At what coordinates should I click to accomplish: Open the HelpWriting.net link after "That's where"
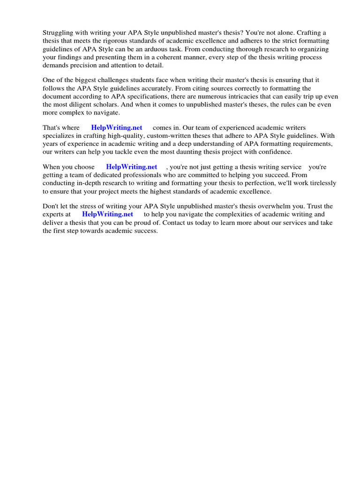click(x=117, y=127)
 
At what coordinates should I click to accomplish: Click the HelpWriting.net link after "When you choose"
click(x=132, y=167)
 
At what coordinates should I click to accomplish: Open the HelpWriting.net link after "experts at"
click(x=107, y=214)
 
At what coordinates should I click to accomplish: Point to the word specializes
click(x=61, y=136)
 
